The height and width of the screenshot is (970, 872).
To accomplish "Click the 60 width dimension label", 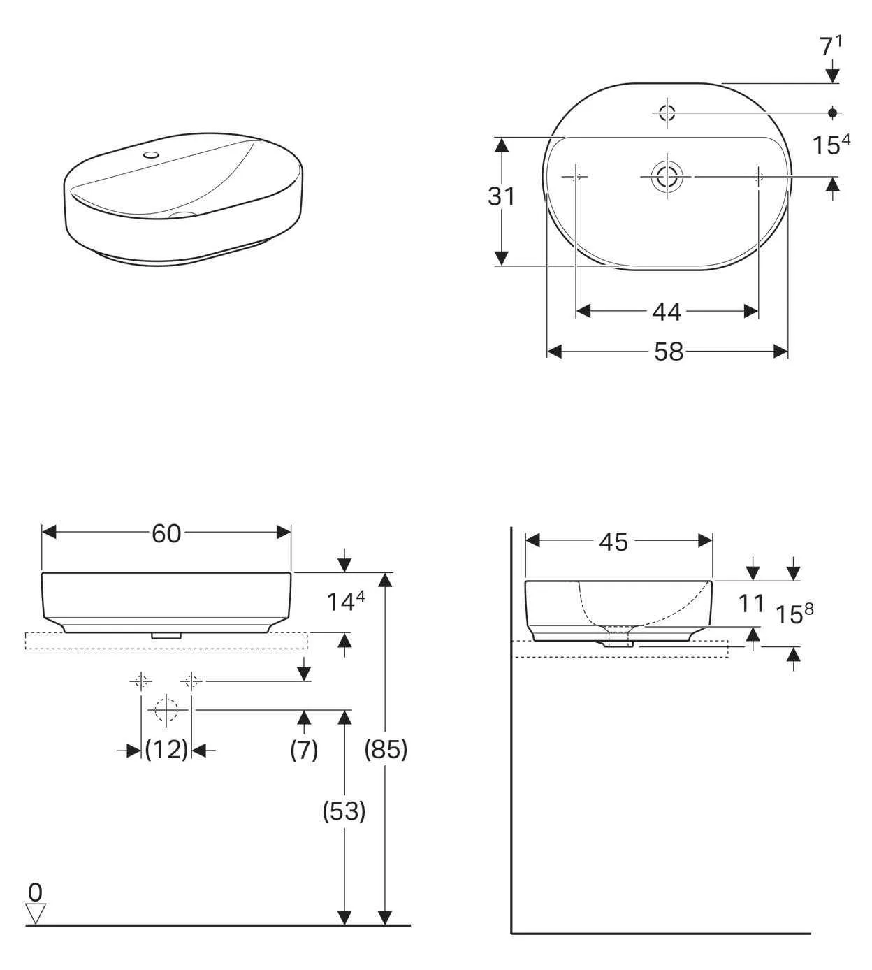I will pos(166,534).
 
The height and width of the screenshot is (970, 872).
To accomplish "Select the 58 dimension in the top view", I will pos(668,352).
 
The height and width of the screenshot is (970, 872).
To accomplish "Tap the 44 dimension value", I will pos(666,312).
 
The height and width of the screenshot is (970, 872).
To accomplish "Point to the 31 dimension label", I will pos(502,197).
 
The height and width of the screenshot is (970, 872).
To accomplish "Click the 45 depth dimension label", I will pos(613,542).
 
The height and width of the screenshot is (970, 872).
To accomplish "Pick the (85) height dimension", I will pos(386,749).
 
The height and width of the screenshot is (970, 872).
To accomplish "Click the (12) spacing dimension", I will pos(166,750).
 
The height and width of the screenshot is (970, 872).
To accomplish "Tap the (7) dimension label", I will pos(304,750).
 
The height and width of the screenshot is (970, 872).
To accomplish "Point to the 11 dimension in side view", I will pos(752,603).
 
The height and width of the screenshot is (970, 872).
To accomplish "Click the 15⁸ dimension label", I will pos(794,614).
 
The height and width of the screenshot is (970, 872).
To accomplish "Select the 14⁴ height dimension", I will pos(346,601).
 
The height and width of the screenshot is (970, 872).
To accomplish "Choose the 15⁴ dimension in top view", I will pos(830,145).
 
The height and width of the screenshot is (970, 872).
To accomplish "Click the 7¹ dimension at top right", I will pos(830,47).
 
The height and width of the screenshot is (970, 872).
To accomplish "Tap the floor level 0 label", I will pos(35,892).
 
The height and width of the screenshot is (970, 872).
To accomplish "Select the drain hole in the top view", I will pos(667,177).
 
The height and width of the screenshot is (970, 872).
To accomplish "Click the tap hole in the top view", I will pos(667,112).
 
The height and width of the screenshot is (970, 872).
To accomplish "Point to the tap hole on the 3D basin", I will pos(150,154).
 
